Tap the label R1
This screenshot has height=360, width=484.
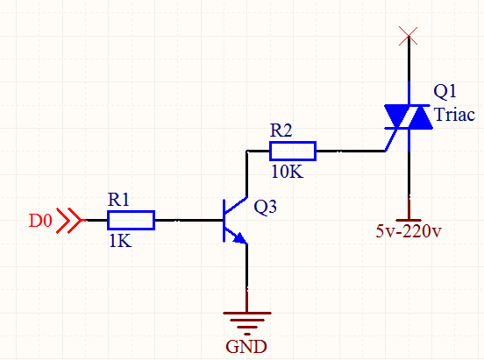point(118,200)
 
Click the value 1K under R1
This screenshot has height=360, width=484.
point(120,241)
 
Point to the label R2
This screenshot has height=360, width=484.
point(281,131)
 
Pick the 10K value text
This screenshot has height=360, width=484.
point(287,172)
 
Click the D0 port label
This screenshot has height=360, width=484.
point(40,221)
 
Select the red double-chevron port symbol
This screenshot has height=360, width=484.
point(69,220)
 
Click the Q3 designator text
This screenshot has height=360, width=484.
point(265,207)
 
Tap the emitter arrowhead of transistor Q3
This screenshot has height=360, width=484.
point(241,238)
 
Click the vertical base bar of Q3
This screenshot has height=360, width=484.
point(224,220)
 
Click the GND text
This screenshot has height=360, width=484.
point(246,347)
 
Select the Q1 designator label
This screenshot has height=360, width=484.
point(445,91)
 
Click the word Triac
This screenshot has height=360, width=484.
point(454,115)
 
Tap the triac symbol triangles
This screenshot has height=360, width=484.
point(409,116)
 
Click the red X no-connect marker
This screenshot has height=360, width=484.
point(408,36)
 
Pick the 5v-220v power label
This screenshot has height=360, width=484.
point(409,231)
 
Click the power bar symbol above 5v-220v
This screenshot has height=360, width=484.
point(409,220)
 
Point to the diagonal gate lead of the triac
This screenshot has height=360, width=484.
point(391,140)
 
